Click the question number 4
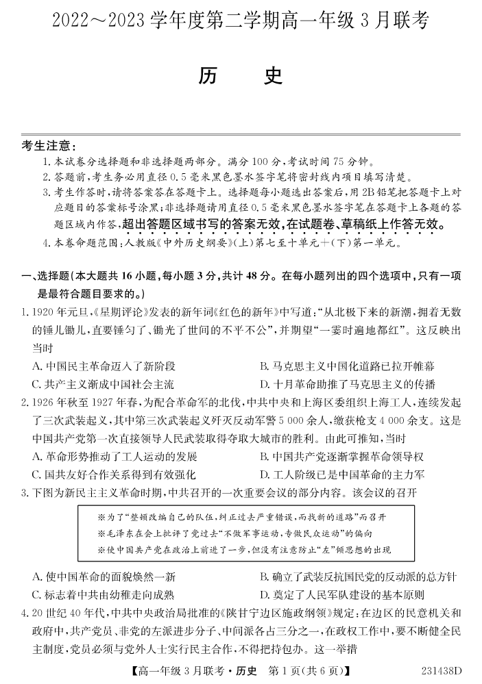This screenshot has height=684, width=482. pyautogui.click(x=25, y=613)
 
